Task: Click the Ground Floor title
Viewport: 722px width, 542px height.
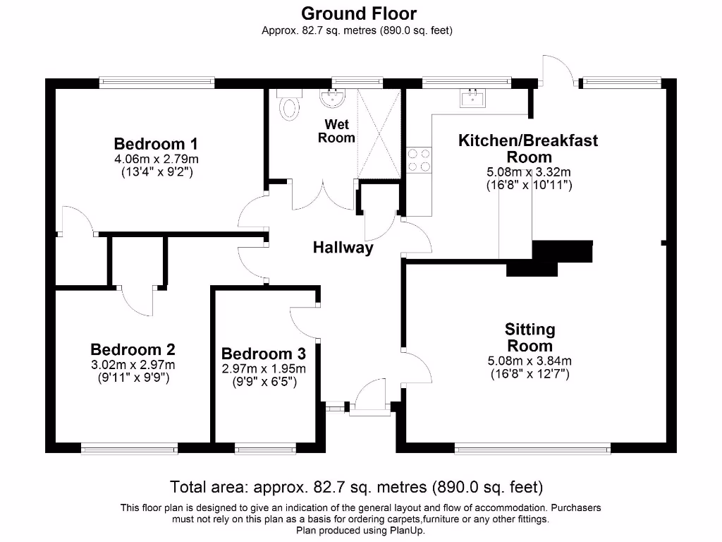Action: [x=359, y=13]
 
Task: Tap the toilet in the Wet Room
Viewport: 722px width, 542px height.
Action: [x=289, y=106]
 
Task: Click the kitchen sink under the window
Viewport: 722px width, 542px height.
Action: [x=471, y=98]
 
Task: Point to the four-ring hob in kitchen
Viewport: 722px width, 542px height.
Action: [x=419, y=160]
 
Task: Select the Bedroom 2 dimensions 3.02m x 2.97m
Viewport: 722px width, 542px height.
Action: [x=133, y=365]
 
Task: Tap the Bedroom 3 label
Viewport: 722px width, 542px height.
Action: [x=263, y=354]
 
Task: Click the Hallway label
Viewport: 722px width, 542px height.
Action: [x=343, y=248]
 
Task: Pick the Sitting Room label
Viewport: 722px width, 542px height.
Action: [x=530, y=337]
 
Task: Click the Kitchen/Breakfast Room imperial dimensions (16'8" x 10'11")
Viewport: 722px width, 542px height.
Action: [x=528, y=186]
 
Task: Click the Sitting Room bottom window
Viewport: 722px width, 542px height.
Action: [x=532, y=448]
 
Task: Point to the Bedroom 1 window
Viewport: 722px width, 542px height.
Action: [x=156, y=83]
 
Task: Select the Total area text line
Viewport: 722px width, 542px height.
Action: [x=356, y=487]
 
